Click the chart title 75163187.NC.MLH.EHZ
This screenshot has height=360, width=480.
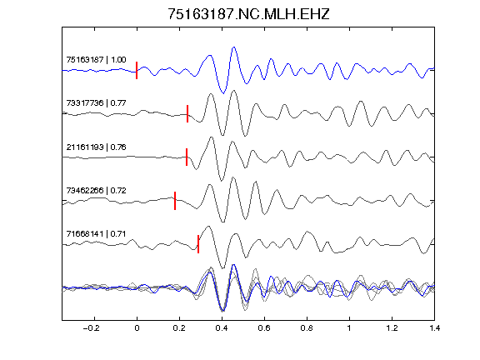point(248,14)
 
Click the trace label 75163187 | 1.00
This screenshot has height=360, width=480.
point(96,59)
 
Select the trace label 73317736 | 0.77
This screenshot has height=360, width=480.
point(96,102)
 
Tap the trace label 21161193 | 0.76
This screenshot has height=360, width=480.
point(96,147)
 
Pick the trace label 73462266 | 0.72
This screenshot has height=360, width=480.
point(96,190)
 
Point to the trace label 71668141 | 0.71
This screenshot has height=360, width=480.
point(96,234)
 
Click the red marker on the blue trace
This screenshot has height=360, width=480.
point(137,70)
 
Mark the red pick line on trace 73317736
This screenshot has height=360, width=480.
point(187,113)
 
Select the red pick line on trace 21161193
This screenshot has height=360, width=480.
point(187,157)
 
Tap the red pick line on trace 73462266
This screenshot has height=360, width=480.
point(175,201)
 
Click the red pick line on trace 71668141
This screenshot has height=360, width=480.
point(198,244)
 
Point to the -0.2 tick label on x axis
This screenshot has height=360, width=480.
point(91,328)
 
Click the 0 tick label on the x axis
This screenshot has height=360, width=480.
point(137,328)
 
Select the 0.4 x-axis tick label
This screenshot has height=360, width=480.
point(222,328)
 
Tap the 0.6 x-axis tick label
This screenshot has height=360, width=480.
point(264,328)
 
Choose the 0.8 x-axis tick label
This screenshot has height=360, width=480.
point(307,328)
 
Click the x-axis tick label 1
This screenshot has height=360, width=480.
point(349,328)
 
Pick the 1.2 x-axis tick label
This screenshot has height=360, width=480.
point(392,328)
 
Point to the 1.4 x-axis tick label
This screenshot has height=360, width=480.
point(434,328)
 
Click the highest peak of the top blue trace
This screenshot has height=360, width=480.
point(234,47)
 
